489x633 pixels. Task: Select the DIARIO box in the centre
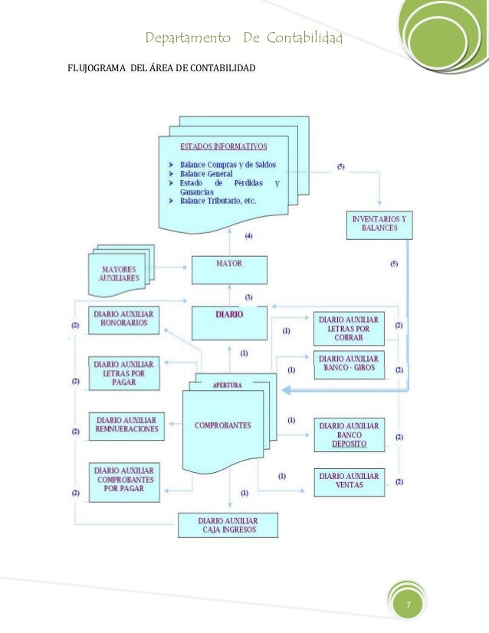point(229,323)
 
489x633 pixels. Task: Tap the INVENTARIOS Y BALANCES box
point(379,225)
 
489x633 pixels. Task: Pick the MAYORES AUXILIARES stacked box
point(121,274)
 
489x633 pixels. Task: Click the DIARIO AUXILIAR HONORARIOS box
point(123,322)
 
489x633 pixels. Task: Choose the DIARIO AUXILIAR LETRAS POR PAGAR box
point(123,372)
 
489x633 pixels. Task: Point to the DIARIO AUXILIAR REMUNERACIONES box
point(127,425)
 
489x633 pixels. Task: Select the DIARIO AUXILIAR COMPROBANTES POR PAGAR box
point(125,480)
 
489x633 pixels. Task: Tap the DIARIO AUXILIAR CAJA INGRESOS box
point(227,525)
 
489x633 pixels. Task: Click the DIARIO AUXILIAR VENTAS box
point(349,480)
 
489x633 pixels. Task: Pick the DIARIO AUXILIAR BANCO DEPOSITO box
point(349,435)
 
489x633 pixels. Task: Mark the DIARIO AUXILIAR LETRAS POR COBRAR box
point(348,329)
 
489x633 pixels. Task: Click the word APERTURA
point(227,385)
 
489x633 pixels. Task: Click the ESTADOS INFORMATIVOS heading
point(224,146)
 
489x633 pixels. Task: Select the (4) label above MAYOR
point(249,235)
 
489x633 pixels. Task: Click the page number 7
point(409,606)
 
